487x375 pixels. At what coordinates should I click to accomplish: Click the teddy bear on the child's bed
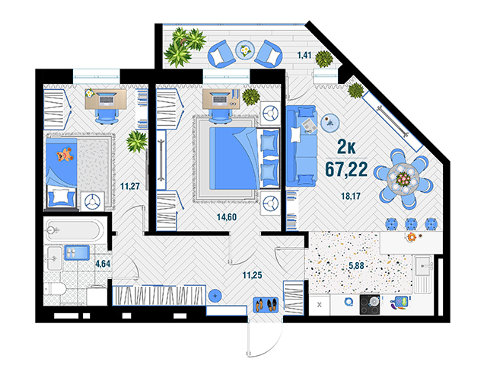tap(65, 155)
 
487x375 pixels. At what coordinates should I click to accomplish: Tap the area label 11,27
tap(130, 187)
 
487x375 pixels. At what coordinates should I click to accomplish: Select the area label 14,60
tap(227, 217)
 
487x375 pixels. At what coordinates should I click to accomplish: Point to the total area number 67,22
tap(346, 169)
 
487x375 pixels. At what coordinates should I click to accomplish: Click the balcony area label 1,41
tap(304, 55)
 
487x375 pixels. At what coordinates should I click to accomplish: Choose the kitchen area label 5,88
tap(356, 265)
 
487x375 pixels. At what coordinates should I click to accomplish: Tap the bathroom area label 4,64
tap(103, 264)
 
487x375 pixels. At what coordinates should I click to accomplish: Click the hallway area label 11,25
tap(252, 275)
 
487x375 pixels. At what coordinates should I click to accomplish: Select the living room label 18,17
tap(351, 196)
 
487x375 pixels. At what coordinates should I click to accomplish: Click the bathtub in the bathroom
tap(73, 230)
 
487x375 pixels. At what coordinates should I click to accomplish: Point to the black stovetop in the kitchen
tap(370, 304)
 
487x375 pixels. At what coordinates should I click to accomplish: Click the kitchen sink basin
tap(422, 266)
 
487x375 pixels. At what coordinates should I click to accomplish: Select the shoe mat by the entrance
tap(266, 305)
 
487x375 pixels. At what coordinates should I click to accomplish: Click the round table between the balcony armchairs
tap(245, 50)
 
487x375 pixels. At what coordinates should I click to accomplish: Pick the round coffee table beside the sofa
tap(329, 122)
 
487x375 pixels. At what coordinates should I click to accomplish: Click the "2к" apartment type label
tap(346, 146)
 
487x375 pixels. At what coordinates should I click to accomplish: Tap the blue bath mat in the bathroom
tap(77, 253)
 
